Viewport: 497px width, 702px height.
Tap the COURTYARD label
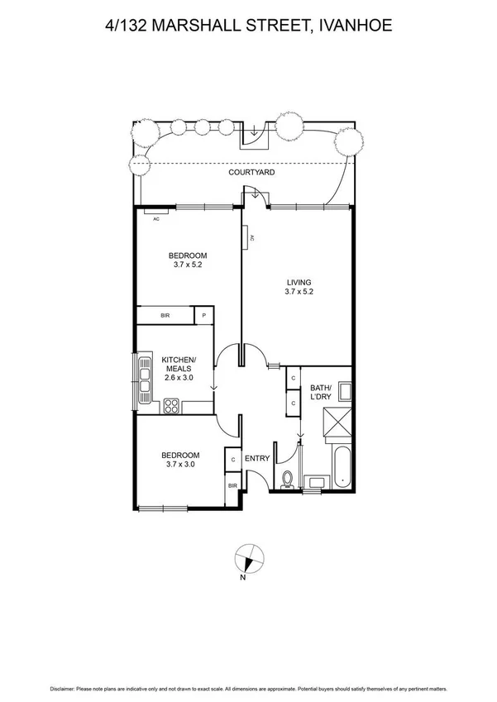[x=252, y=173]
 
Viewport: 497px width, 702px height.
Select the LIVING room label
[x=298, y=281]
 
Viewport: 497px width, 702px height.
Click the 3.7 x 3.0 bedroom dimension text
[x=179, y=465]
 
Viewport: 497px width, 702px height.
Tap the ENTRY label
[x=257, y=459]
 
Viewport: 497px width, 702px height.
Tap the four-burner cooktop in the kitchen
[x=172, y=405]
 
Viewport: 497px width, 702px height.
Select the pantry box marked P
[x=204, y=316]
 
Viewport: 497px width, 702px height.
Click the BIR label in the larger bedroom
[x=165, y=316]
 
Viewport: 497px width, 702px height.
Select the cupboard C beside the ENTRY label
[x=233, y=460]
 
